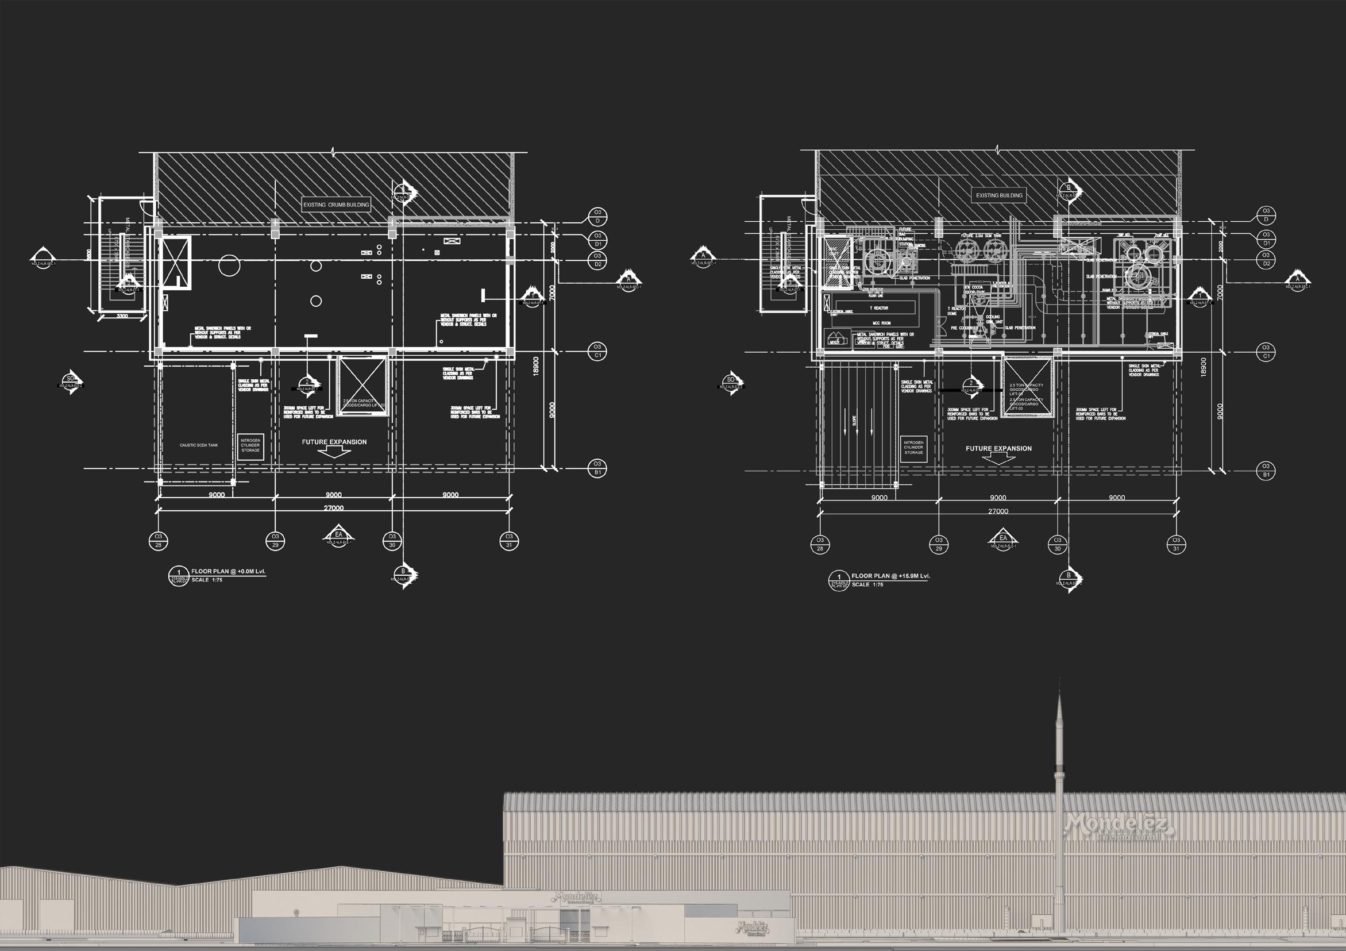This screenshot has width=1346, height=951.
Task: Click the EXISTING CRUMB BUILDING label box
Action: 336,205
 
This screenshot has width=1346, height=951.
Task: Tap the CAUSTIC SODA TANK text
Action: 199,445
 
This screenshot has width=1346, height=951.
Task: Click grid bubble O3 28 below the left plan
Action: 158,541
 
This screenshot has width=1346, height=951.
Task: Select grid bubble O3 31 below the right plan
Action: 1176,544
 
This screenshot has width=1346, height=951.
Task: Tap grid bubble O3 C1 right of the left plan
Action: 597,351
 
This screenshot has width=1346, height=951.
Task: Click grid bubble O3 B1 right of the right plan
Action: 1266,471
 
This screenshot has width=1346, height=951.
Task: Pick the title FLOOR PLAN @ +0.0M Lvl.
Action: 232,571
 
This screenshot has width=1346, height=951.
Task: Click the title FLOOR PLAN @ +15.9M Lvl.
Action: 890,576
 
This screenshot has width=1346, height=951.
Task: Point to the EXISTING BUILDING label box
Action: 998,195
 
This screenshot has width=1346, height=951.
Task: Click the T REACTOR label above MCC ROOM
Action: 878,308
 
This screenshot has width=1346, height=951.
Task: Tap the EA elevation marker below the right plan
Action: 1002,538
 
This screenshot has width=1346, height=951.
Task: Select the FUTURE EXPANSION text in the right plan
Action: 998,449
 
